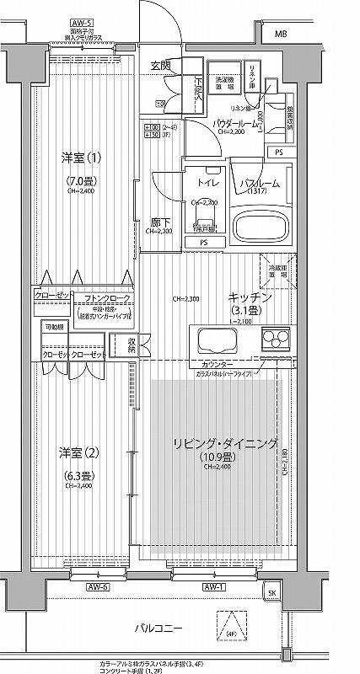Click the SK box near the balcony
coord(271,594)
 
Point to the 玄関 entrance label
coord(160,65)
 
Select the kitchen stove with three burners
coord(274,340)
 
